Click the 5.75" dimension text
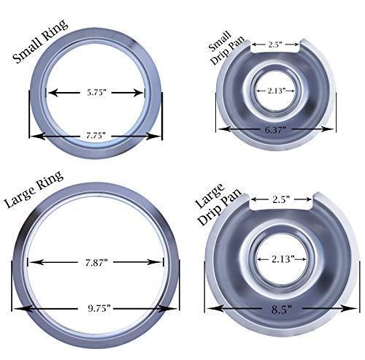tap(96, 93)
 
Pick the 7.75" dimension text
tap(95, 135)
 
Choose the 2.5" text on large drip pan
tap(282, 198)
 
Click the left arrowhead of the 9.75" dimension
tap(15, 309)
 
